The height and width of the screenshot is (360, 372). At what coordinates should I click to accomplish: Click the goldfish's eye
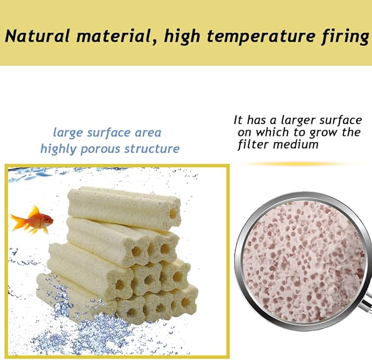pos(47,219)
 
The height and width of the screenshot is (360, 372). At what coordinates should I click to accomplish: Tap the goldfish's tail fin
pos(16,222)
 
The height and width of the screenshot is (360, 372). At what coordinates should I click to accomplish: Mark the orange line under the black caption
pos(299,163)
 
